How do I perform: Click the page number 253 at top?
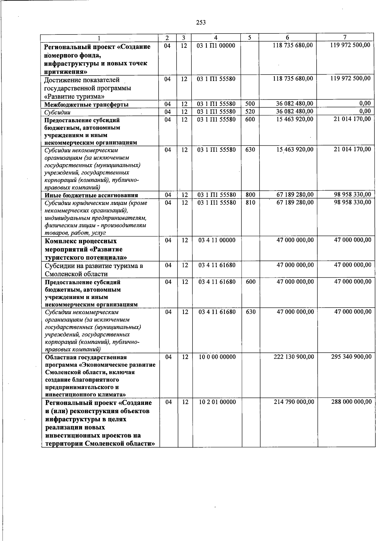pyautogui.click(x=201, y=22)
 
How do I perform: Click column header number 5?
pyautogui.click(x=250, y=37)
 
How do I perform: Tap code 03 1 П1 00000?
pyautogui.click(x=216, y=46)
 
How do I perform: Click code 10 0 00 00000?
pyautogui.click(x=217, y=357)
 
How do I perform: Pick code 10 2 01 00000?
pyautogui.click(x=217, y=402)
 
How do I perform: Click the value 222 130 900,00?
pyautogui.click(x=294, y=357)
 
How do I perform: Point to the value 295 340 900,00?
pyautogui.click(x=351, y=357)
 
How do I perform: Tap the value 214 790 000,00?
pyautogui.click(x=294, y=402)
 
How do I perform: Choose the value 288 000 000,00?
pyautogui.click(x=351, y=402)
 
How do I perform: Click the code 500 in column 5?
pyautogui.click(x=250, y=104)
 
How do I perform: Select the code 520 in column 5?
pyautogui.click(x=250, y=112)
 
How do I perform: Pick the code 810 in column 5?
pyautogui.click(x=251, y=202)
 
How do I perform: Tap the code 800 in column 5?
pyautogui.click(x=251, y=194)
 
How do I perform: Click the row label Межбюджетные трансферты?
pyautogui.click(x=86, y=105)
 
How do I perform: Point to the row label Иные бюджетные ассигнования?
pyautogui.click(x=91, y=195)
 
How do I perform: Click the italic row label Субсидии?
pyautogui.click(x=57, y=113)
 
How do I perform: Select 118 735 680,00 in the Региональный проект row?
pyautogui.click(x=293, y=45)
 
